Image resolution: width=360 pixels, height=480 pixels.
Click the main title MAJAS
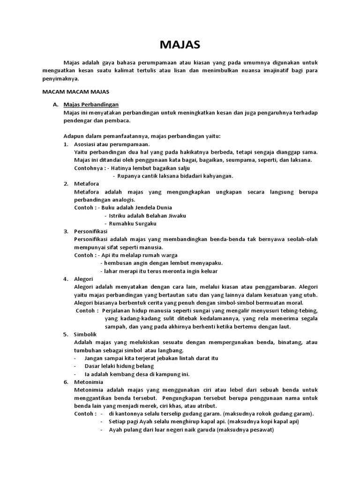pos(180,45)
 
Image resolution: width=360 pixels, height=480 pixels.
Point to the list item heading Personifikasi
pos(91,231)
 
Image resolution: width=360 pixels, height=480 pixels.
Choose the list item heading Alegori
pos(83,279)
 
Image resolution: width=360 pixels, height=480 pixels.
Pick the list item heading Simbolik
pos(85,335)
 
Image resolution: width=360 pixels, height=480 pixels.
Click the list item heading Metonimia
pos(87,382)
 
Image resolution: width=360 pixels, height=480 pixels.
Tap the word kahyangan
pos(216,176)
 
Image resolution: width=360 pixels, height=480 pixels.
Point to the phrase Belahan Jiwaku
pos(167,215)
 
